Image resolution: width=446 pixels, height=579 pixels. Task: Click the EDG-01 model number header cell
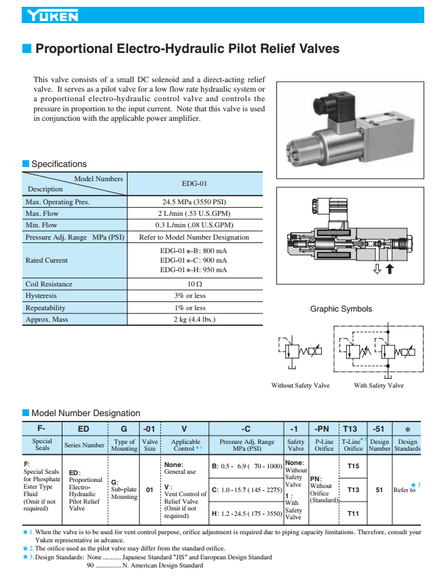pos(194,183)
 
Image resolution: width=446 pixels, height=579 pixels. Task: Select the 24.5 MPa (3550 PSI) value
pos(194,202)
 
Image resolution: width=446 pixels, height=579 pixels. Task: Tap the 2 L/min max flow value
pos(194,213)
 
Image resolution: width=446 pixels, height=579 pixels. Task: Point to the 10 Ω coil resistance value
pos(194,284)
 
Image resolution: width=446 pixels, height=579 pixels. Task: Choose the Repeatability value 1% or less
pos(194,307)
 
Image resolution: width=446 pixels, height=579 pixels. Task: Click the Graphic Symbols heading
pos(341,309)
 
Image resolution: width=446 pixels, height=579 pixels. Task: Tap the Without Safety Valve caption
pos(301,386)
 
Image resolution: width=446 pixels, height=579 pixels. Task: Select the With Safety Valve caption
pos(378,386)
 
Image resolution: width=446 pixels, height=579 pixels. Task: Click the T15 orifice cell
pos(353,466)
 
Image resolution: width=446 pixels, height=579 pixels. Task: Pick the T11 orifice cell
pos(353,513)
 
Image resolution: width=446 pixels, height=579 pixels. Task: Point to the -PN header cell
pos(322,429)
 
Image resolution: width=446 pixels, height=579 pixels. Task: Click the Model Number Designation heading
pos(86,413)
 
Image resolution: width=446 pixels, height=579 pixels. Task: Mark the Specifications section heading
pos(59,164)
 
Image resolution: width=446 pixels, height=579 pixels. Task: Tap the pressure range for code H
pos(246,514)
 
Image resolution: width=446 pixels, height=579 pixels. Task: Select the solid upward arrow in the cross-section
pos(409,269)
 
